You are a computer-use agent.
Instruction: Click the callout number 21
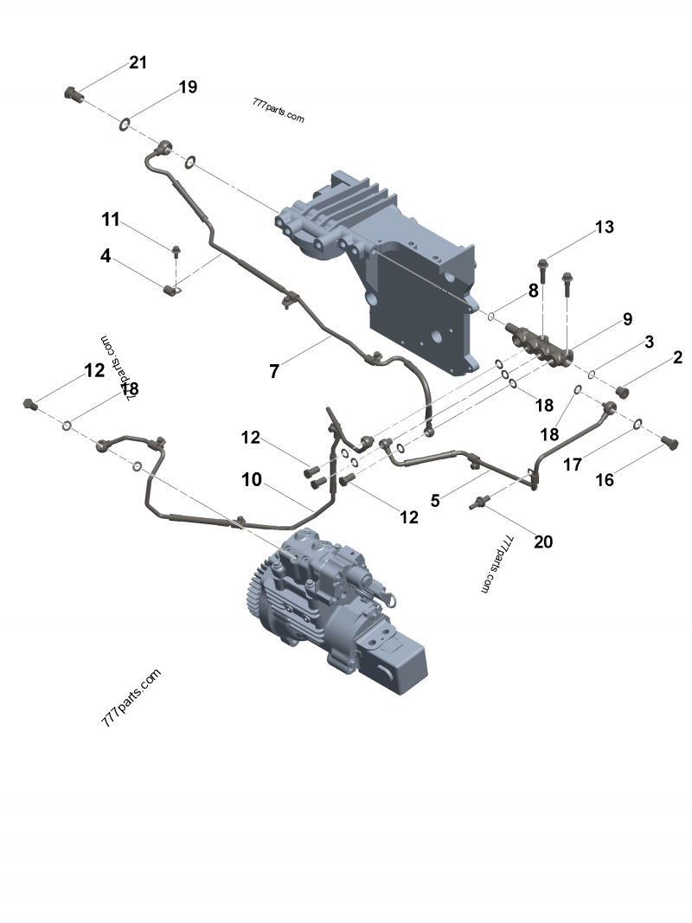[138, 63]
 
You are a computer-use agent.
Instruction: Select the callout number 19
[188, 87]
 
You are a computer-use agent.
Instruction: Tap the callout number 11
[111, 220]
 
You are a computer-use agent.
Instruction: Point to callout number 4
[106, 256]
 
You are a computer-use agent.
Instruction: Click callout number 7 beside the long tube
[274, 372]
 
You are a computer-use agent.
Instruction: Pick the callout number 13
[604, 228]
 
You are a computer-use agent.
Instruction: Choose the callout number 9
[627, 320]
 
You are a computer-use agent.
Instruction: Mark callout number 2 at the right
[677, 357]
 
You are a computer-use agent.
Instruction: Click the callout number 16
[605, 479]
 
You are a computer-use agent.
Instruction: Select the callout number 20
[542, 542]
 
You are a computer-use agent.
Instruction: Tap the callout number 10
[252, 480]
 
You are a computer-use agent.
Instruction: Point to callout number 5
[436, 500]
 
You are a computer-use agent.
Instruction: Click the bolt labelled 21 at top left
[73, 93]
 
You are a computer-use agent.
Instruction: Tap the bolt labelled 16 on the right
[667, 442]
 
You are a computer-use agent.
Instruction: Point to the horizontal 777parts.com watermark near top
[279, 110]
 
